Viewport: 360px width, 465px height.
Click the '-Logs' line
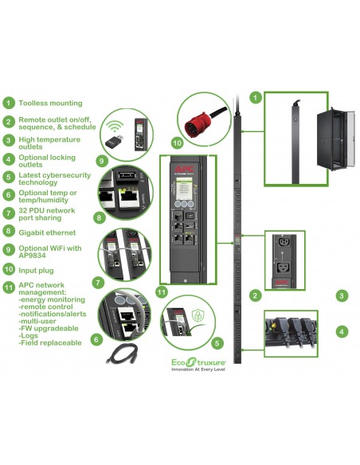coord(29,334)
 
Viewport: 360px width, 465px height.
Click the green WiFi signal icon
coord(116,126)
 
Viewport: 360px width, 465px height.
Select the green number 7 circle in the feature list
coord(9,213)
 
